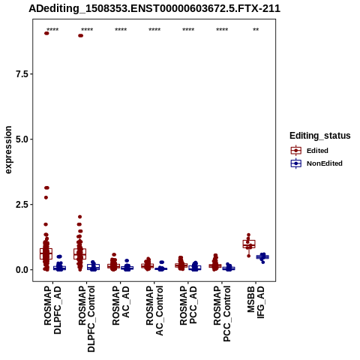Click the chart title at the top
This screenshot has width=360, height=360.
pyautogui.click(x=154, y=8)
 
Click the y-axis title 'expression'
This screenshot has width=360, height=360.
pyautogui.click(x=8, y=150)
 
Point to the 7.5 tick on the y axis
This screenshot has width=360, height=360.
pyautogui.click(x=22, y=74)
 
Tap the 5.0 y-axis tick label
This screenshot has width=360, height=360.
pyautogui.click(x=22, y=139)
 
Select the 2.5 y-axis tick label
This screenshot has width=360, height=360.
pyautogui.click(x=22, y=205)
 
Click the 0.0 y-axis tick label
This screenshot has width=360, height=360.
pyautogui.click(x=22, y=270)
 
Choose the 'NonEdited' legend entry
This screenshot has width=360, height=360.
pyautogui.click(x=316, y=163)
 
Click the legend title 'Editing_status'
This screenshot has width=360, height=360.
pyautogui.click(x=320, y=136)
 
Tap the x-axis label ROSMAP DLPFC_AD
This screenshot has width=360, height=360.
pyautogui.click(x=52, y=310)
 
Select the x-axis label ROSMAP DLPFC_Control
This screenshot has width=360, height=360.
pyautogui.click(x=86, y=319)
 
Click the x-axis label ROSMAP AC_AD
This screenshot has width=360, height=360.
pyautogui.click(x=121, y=305)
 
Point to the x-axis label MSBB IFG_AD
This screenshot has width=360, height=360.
pyautogui.click(x=256, y=302)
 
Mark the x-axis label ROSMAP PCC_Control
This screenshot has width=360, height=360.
pyautogui.click(x=222, y=313)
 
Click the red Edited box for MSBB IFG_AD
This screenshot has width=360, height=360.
pyautogui.click(x=249, y=244)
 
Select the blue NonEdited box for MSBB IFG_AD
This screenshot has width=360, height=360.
pyautogui.click(x=262, y=256)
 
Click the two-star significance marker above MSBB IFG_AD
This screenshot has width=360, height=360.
pyautogui.click(x=256, y=30)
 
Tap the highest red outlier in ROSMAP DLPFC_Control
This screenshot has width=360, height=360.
pyautogui.click(x=80, y=35)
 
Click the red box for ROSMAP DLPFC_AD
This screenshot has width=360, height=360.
pyautogui.click(x=46, y=253)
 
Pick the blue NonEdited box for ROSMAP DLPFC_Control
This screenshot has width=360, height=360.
pyautogui.click(x=94, y=267)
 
